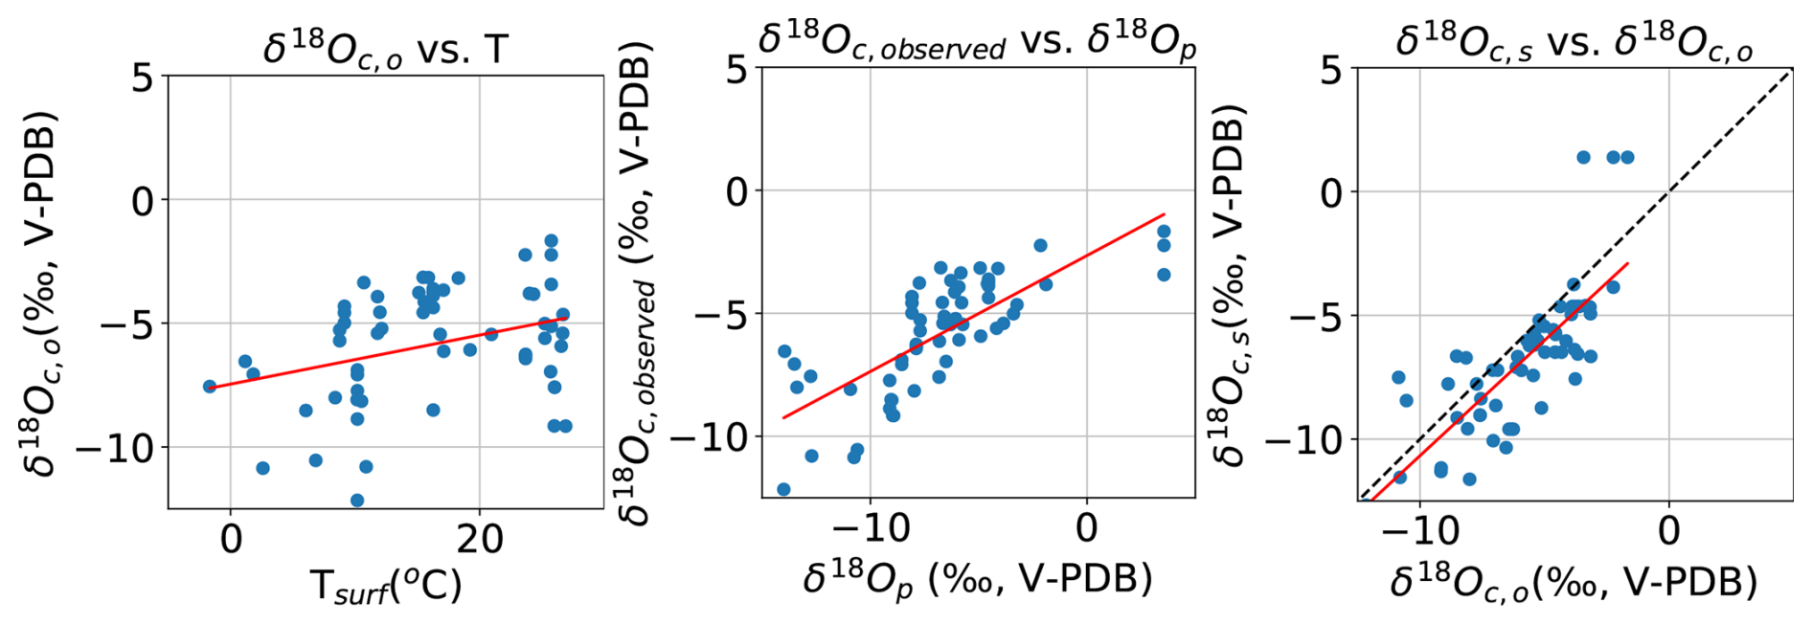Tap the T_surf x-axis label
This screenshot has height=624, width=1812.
click(385, 586)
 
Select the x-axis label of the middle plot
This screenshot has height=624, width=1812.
click(977, 578)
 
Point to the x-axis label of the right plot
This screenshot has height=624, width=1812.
click(1574, 582)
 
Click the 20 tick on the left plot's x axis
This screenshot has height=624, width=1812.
click(479, 539)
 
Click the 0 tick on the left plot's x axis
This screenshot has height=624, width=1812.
click(231, 539)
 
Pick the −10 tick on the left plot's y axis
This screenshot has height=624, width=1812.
click(115, 447)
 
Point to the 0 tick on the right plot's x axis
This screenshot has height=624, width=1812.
click(1668, 529)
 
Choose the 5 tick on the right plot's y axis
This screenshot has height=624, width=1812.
click(1330, 69)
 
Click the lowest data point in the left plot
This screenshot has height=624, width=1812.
click(357, 501)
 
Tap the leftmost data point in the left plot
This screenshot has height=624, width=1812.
click(210, 387)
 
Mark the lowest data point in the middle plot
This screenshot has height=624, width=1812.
click(783, 489)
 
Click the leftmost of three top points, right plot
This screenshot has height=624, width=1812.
click(1583, 157)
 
